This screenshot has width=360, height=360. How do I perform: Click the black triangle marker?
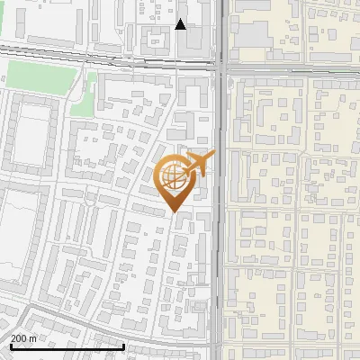(x=181, y=24)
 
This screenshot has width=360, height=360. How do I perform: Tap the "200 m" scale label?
(x=22, y=338)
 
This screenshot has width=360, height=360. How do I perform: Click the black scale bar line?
(x=67, y=346)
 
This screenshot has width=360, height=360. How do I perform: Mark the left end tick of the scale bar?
(x=10, y=345)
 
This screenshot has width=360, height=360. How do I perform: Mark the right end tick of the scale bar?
(x=123, y=345)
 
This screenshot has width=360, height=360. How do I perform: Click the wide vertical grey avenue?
(x=220, y=225)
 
